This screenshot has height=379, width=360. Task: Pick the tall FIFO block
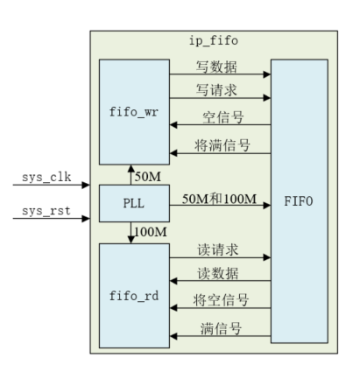(x=299, y=201)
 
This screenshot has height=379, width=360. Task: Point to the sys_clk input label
(x=45, y=178)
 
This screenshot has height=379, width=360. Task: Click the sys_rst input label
(x=45, y=211)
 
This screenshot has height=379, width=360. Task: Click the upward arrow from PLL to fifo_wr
(x=130, y=175)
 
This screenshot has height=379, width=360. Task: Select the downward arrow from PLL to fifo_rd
(x=130, y=233)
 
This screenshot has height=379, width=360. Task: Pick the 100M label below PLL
(x=149, y=231)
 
